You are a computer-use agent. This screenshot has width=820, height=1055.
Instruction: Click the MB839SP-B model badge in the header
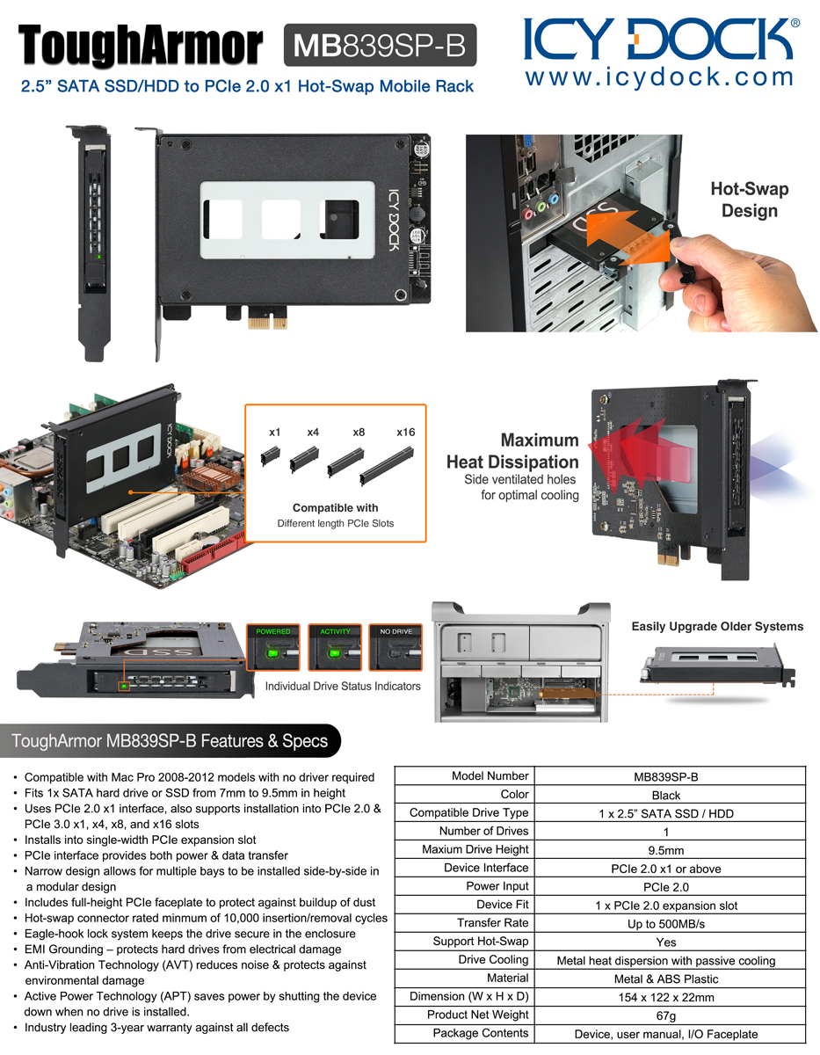(x=380, y=45)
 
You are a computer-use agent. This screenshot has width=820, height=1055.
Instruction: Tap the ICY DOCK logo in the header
(x=661, y=39)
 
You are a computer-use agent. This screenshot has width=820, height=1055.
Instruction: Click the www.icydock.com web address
(x=659, y=77)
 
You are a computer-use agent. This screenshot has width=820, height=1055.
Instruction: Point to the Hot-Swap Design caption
(x=749, y=200)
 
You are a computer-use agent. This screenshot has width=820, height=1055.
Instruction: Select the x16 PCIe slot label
(x=406, y=432)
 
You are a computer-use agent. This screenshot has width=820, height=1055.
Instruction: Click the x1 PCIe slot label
(x=274, y=432)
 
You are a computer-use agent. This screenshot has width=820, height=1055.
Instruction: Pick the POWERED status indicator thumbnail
(x=273, y=647)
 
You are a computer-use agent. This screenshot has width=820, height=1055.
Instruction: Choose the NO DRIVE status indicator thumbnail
(x=395, y=647)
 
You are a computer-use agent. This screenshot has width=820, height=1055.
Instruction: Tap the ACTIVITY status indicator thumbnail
(x=335, y=647)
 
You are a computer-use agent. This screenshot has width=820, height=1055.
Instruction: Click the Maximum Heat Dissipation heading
(x=512, y=450)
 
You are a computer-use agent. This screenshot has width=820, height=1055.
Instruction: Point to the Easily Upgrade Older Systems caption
(x=717, y=626)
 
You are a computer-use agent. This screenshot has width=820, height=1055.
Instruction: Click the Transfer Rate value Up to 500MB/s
(x=665, y=924)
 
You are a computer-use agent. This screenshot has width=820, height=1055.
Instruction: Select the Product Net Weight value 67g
(x=665, y=1015)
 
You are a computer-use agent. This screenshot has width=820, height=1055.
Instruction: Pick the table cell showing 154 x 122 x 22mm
(x=665, y=997)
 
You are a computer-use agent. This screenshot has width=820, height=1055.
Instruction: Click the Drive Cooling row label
(x=493, y=959)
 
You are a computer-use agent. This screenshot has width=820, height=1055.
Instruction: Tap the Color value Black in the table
(x=665, y=796)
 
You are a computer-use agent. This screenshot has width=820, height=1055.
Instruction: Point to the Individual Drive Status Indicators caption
(x=343, y=686)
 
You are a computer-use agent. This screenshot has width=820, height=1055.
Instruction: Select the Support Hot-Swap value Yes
(x=665, y=942)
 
